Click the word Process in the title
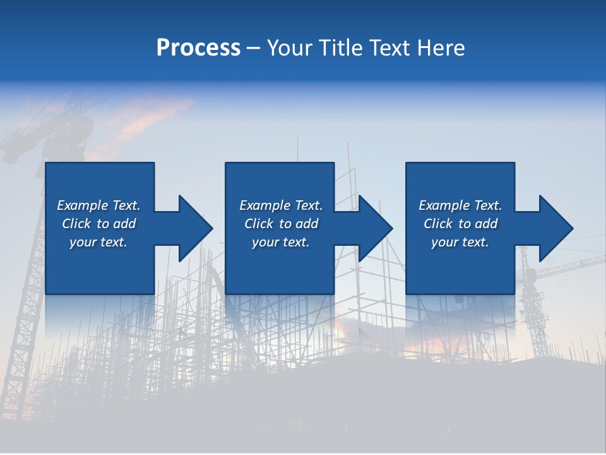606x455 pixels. point(198,47)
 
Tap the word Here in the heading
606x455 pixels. point(440,47)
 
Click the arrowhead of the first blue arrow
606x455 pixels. point(196,228)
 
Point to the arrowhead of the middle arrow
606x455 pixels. point(376,228)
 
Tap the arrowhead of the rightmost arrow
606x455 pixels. point(556,228)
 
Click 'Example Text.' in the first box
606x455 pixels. point(98,205)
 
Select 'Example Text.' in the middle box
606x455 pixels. point(281,205)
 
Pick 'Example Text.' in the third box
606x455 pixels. point(460,205)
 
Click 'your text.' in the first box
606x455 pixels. point(98,242)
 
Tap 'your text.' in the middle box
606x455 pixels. point(281,242)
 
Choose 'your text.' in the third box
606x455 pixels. point(460,242)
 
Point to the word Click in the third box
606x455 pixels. point(439,224)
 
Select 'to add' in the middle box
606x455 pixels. point(299,224)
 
